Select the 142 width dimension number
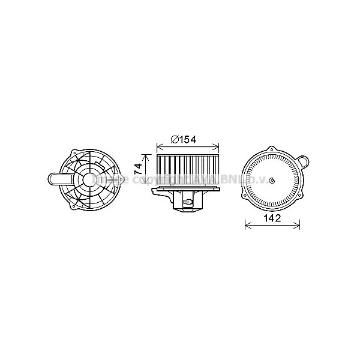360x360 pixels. click(273, 219)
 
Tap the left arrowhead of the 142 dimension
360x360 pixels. click(247, 226)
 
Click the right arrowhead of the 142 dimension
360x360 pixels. click(299, 226)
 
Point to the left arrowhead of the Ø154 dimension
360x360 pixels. click(157, 146)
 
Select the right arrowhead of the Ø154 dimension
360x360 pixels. click(220, 146)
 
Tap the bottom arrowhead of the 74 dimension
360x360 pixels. click(147, 185)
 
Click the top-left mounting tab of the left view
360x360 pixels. click(72, 152)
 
